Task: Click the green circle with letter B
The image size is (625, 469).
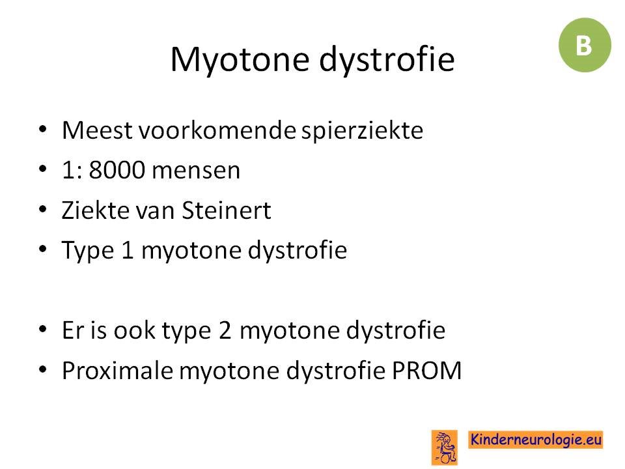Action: [585, 45]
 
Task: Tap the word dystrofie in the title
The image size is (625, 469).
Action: [387, 60]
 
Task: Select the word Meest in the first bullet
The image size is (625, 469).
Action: [97, 130]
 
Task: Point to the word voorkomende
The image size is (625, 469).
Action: [217, 130]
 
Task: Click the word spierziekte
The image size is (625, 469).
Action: [362, 131]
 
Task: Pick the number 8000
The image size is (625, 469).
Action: [117, 170]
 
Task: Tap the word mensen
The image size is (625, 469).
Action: [196, 171]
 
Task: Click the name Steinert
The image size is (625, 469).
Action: [227, 210]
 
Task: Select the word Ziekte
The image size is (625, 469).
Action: [96, 210]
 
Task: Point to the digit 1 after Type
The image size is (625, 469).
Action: [128, 250]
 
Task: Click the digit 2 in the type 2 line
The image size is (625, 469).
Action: [225, 331]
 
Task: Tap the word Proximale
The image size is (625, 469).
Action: [118, 371]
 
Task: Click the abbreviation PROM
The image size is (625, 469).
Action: [427, 371]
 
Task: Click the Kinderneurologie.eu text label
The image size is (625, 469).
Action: [535, 440]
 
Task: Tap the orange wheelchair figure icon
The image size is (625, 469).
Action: [445, 448]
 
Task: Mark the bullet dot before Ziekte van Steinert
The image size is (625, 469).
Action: [43, 209]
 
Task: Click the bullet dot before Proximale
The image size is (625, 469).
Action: [43, 370]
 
